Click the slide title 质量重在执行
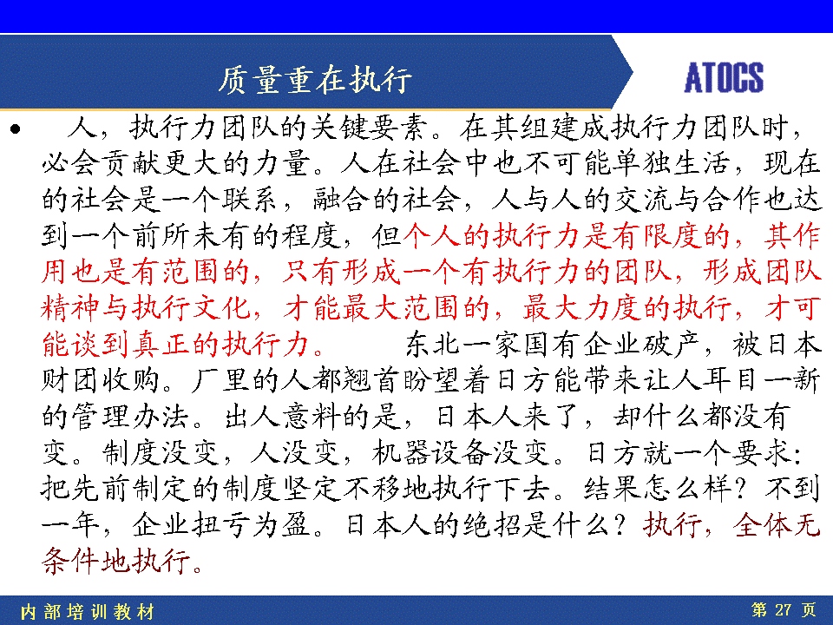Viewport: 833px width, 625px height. pyautogui.click(x=315, y=80)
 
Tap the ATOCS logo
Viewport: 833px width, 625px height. pyautogui.click(x=724, y=77)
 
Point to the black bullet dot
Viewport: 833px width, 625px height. pyautogui.click(x=16, y=128)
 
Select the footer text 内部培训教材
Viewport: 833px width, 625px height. pyautogui.click(x=88, y=612)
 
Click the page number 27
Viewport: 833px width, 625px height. pyautogui.click(x=783, y=609)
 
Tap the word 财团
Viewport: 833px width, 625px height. pyautogui.click(x=71, y=380)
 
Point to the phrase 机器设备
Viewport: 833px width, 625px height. pyautogui.click(x=431, y=453)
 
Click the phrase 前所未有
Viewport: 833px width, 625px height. pyautogui.click(x=191, y=236)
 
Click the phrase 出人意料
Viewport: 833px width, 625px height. pyautogui.click(x=282, y=417)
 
